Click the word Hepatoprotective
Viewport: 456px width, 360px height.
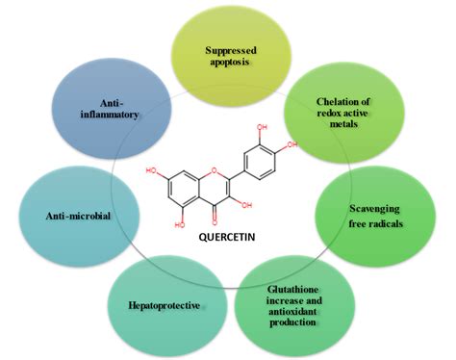(164, 305)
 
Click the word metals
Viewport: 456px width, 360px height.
(344, 125)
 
